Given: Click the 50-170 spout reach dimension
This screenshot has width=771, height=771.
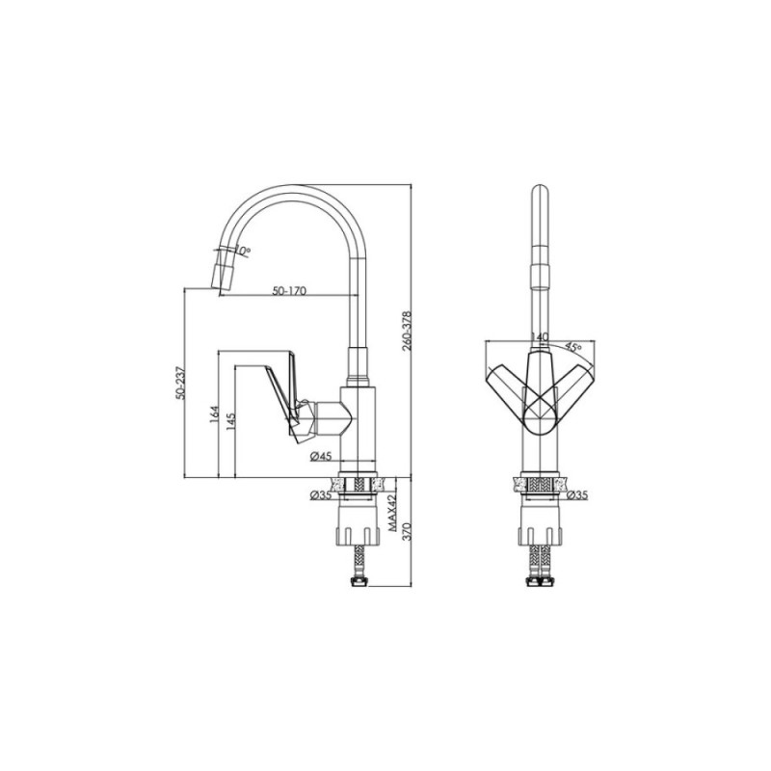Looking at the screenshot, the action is [x=290, y=291].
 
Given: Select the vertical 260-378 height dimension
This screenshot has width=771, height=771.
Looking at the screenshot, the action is [x=407, y=331].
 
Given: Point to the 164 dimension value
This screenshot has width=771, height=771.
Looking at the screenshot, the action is [x=214, y=414].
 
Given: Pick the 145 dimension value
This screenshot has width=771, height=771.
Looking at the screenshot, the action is [x=231, y=422].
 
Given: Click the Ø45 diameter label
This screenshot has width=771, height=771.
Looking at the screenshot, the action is [x=321, y=457].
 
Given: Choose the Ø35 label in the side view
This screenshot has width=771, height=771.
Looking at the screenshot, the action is [x=321, y=495].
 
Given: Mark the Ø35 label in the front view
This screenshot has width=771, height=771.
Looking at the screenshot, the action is [x=576, y=495].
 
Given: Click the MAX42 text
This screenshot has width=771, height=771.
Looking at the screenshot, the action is [x=392, y=514].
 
